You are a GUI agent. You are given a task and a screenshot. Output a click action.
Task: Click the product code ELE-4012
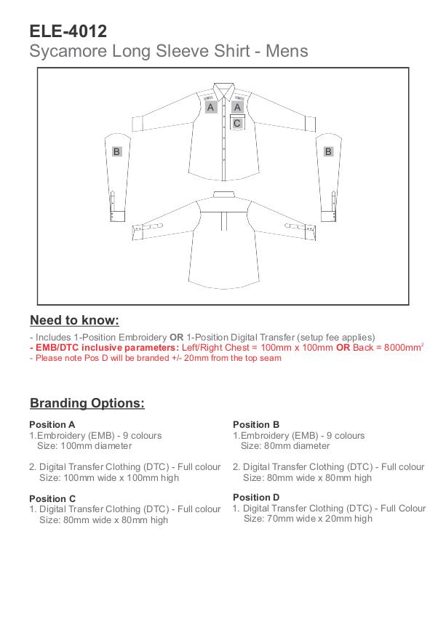tap(68, 31)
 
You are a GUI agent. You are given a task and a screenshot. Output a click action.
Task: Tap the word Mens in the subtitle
tap(287, 52)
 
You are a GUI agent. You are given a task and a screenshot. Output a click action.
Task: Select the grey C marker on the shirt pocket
tap(237, 123)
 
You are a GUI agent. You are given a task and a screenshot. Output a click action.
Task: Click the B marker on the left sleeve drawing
tap(116, 151)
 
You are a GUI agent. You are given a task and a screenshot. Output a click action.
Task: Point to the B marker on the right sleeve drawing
tap(328, 151)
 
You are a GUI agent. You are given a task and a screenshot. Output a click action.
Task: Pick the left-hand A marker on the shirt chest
tap(210, 107)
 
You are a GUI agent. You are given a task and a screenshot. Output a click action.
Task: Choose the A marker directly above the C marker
tap(237, 107)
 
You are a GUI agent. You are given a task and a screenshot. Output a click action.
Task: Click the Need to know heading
tap(74, 320)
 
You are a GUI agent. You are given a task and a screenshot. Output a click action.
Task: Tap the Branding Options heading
tap(87, 403)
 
